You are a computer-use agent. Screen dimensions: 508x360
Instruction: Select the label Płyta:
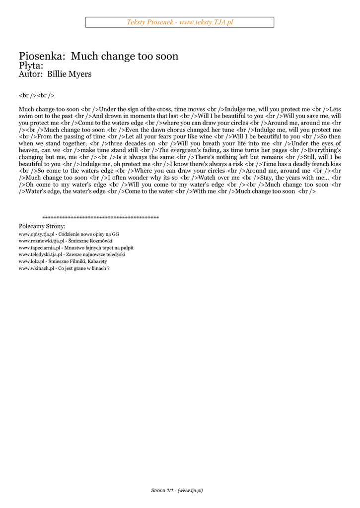[31, 65]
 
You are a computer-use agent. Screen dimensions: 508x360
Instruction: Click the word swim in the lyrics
[26, 116]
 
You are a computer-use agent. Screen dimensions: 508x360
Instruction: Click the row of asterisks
[100, 218]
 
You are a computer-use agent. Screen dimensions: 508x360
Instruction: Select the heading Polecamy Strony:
[42, 226]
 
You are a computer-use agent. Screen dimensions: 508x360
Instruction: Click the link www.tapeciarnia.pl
[39, 248]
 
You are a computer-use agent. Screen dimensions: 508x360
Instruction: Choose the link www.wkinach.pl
[36, 268]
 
